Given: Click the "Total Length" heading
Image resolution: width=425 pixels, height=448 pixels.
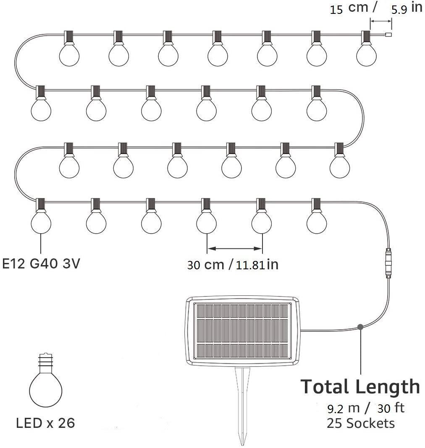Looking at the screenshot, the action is click(360, 387).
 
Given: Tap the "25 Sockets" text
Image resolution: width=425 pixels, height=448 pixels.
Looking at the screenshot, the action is click(361, 423).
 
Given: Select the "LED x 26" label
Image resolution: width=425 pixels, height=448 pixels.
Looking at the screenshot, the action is click(45, 423).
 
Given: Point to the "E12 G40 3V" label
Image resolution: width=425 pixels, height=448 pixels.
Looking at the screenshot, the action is click(41, 263).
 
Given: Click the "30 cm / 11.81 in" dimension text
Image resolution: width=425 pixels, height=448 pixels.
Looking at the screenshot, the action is click(233, 265).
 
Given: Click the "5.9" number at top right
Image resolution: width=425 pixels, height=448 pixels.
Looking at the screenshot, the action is click(399, 10).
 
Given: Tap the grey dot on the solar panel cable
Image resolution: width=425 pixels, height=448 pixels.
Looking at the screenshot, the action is click(360, 327).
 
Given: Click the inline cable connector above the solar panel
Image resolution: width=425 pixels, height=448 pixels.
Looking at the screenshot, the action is click(388, 263).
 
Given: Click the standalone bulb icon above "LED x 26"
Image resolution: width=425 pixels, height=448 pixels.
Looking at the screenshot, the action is click(46, 380).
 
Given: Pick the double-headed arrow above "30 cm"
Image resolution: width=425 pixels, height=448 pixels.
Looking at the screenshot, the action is click(234, 249).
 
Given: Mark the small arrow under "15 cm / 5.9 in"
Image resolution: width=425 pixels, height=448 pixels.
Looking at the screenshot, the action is click(381, 21).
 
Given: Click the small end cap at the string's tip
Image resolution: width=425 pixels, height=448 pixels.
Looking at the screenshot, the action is click(388, 35).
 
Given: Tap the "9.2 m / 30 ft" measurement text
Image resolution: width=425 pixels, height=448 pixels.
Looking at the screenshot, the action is click(366, 408).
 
